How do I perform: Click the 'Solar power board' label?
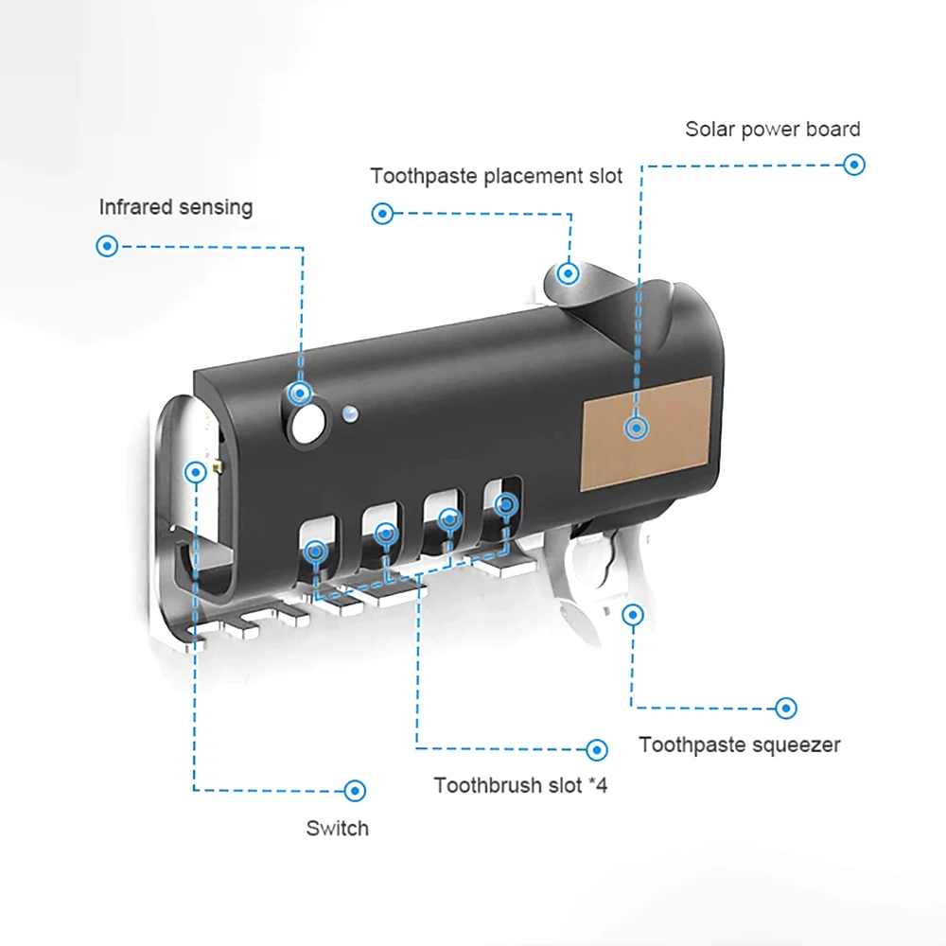773,130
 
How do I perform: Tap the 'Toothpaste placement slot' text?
497,176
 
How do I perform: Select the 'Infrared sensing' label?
176,206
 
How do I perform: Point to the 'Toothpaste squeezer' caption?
739,745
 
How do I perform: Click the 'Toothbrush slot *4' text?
520,785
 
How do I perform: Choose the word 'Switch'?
337,829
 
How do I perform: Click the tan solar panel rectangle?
647,432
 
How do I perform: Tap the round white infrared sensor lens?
305,425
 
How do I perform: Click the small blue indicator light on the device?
350,412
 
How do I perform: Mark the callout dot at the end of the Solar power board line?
854,165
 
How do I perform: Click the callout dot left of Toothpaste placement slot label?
382,214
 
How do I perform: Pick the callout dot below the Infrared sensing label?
108,247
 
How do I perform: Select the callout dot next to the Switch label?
356,790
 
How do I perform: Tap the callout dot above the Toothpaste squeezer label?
785,708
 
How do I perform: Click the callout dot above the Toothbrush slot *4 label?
596,750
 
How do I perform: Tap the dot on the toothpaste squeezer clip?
633,616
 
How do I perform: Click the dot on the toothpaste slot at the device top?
568,273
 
